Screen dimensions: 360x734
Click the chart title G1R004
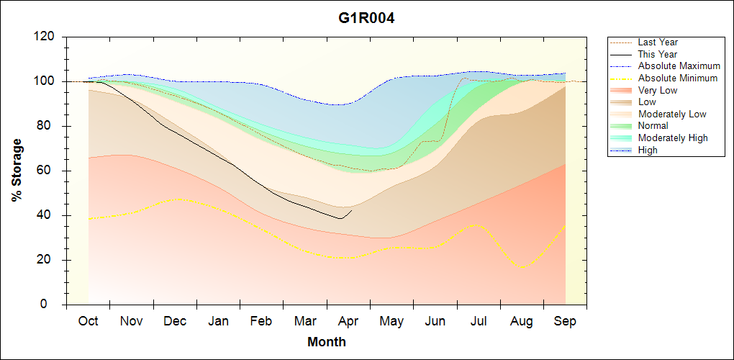pyautogui.click(x=366, y=18)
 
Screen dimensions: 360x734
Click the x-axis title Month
pyautogui.click(x=327, y=342)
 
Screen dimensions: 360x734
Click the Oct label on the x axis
pyautogui.click(x=88, y=321)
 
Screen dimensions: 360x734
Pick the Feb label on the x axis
pyautogui.click(x=261, y=321)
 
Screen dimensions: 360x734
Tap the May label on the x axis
pyautogui.click(x=391, y=321)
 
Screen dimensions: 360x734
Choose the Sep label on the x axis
pyautogui.click(x=565, y=321)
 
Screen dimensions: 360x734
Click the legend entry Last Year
pyautogui.click(x=658, y=42)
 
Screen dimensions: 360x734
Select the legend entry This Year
pyautogui.click(x=658, y=54)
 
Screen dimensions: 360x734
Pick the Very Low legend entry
pyautogui.click(x=658, y=90)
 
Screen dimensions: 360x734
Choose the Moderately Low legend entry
pyautogui.click(x=672, y=114)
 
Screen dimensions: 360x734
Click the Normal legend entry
pyautogui.click(x=653, y=125)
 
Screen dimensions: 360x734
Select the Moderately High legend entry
pyautogui.click(x=673, y=138)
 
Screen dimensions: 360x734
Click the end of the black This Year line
pyautogui.click(x=352, y=210)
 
